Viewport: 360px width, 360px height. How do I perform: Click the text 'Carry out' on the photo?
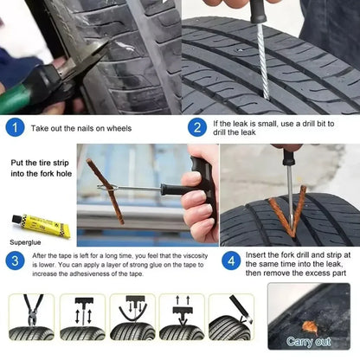(308, 342)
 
